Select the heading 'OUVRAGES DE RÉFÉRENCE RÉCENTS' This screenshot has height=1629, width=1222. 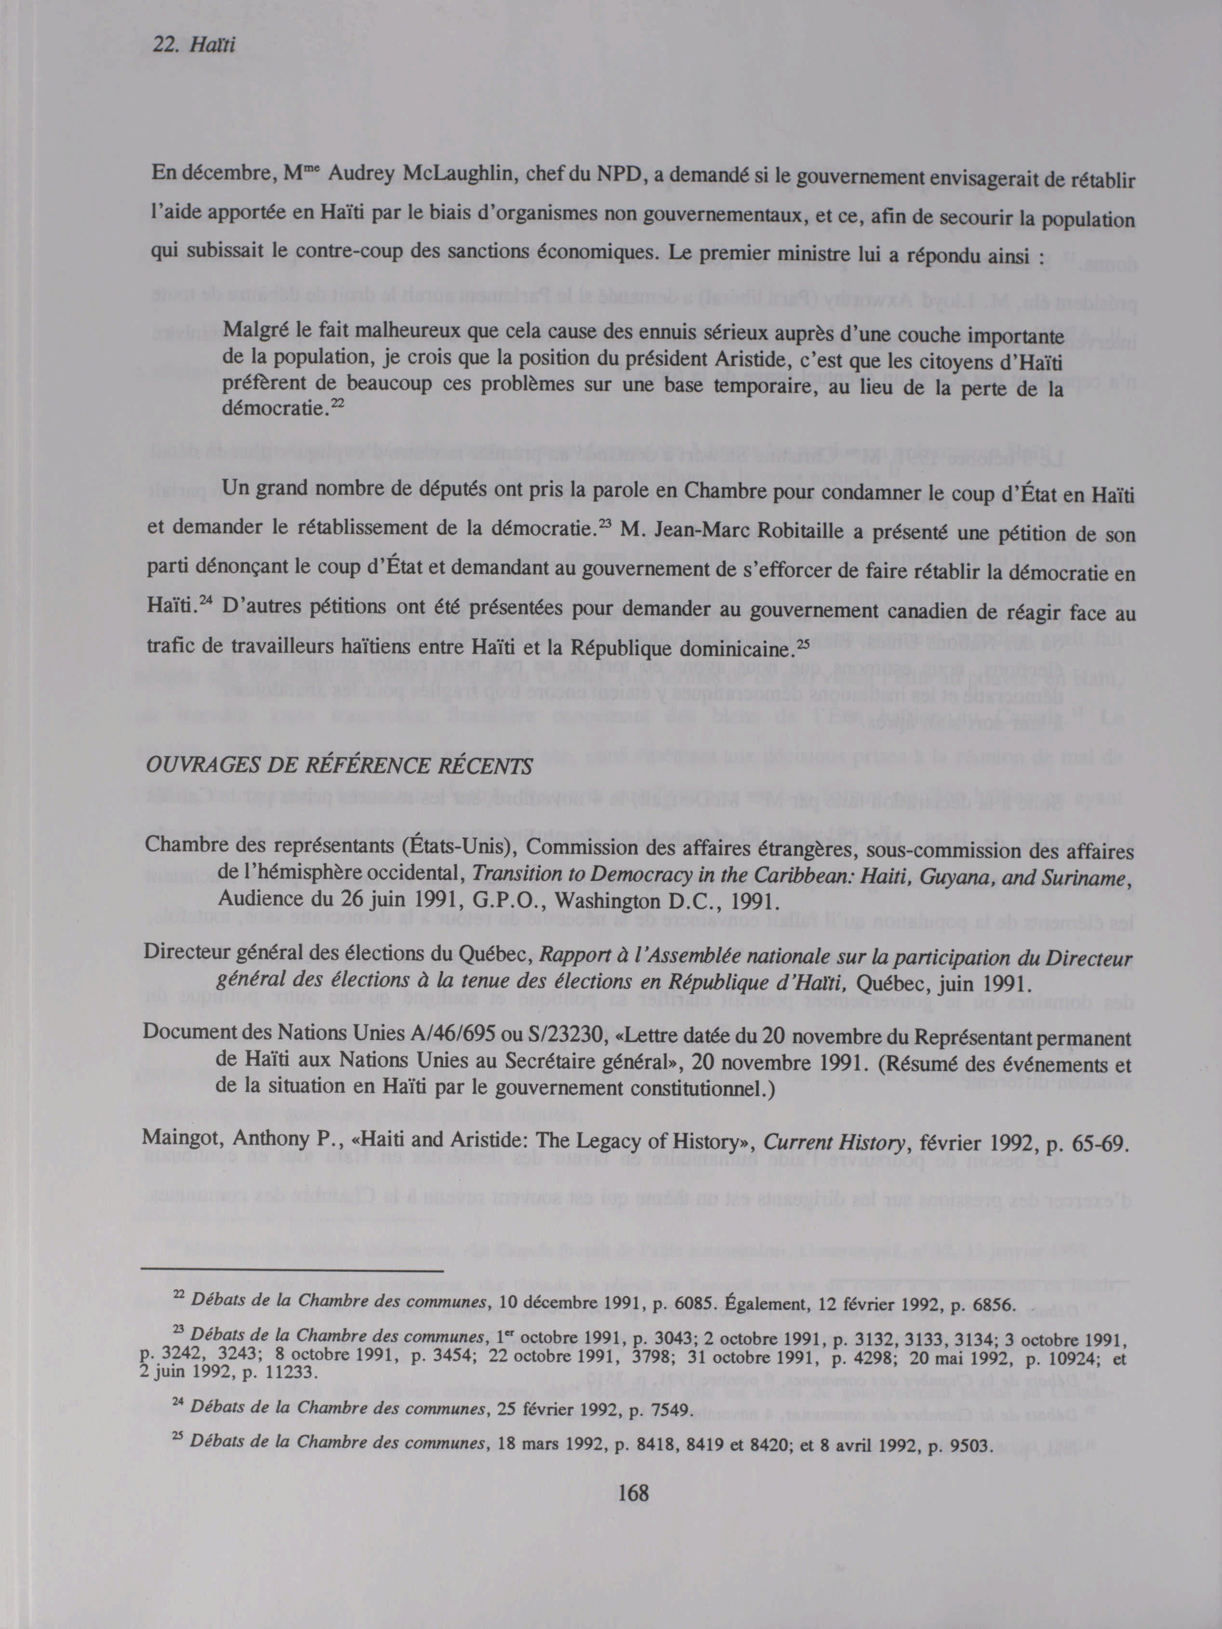coord(339,766)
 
